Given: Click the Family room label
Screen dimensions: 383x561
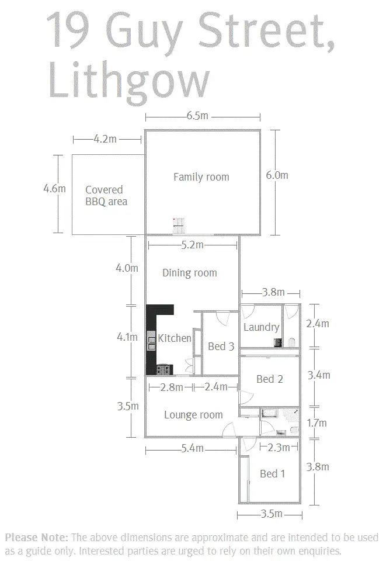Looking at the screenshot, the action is tap(201, 176).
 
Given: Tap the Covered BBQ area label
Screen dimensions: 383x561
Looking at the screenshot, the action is tap(106, 195).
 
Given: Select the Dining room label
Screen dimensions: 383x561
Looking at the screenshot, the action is tap(190, 273).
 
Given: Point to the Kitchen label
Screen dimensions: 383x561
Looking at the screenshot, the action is tap(175, 338).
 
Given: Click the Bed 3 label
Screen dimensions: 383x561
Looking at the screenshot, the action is tap(221, 347).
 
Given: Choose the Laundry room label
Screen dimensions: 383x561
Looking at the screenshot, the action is tap(262, 327).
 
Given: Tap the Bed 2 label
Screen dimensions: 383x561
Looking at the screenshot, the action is tap(270, 379).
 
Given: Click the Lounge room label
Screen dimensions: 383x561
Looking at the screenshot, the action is tap(193, 415).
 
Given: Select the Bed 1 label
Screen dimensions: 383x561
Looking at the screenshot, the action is tap(273, 474).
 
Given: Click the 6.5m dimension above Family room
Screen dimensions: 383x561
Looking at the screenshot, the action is tap(197, 116).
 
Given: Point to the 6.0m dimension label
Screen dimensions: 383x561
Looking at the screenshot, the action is tap(277, 175).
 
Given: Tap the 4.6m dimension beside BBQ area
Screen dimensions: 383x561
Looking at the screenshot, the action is tap(54, 188).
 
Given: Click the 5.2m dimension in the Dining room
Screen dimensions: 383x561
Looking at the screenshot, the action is tap(192, 245).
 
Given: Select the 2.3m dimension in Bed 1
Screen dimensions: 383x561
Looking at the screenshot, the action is tap(278, 447).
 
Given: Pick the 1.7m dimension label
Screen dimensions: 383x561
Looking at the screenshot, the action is tap(317, 423).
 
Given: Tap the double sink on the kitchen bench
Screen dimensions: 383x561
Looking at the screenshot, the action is tap(152, 341).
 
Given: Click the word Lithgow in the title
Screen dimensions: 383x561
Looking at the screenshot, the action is tap(129, 82).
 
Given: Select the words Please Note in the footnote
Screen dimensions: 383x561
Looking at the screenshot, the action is tap(36, 538).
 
